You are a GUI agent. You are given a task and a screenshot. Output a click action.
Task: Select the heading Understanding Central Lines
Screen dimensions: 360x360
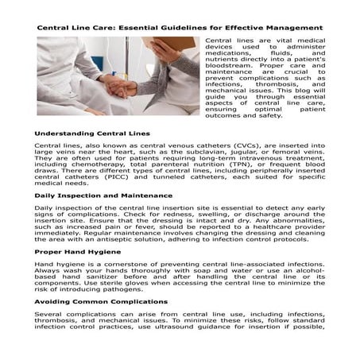92,134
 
